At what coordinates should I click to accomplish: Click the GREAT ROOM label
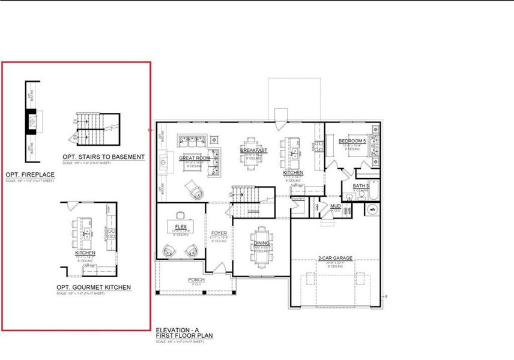click(x=193, y=158)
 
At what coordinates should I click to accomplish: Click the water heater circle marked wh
click(x=372, y=209)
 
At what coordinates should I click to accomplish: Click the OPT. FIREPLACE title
click(x=29, y=175)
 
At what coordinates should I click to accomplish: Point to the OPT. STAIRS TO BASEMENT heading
click(x=103, y=157)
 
